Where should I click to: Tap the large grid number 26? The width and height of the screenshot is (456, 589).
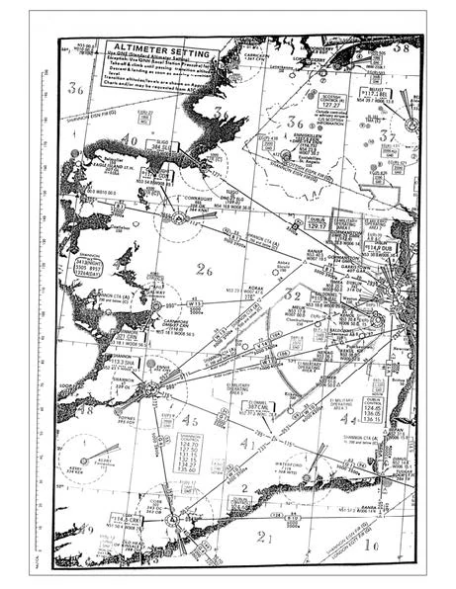205,269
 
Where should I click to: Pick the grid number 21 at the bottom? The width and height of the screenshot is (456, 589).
262,536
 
